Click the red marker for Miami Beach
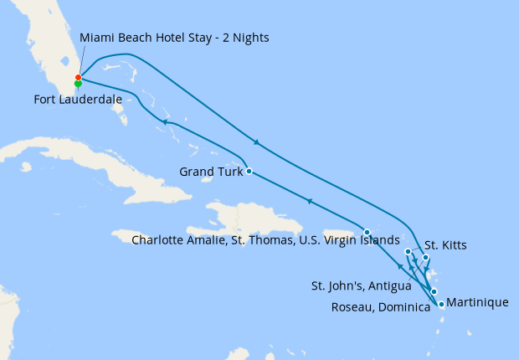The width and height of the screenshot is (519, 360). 78,78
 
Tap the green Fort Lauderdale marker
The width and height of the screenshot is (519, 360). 78,84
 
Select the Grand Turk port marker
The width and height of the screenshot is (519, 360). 249,172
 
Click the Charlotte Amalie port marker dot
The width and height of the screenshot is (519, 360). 367,232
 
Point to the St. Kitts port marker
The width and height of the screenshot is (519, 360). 408,251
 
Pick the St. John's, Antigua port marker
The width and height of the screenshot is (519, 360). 425,258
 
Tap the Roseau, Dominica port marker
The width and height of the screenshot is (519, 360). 434,291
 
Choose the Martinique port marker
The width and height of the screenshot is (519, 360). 441,305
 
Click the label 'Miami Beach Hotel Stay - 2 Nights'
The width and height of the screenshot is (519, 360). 174,39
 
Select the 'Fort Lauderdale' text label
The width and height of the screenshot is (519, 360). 78,99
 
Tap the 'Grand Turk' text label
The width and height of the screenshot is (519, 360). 211,172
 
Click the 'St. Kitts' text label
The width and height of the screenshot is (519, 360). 445,245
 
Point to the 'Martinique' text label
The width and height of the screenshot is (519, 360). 477,302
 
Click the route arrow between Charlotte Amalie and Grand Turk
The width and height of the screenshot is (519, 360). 309,201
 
